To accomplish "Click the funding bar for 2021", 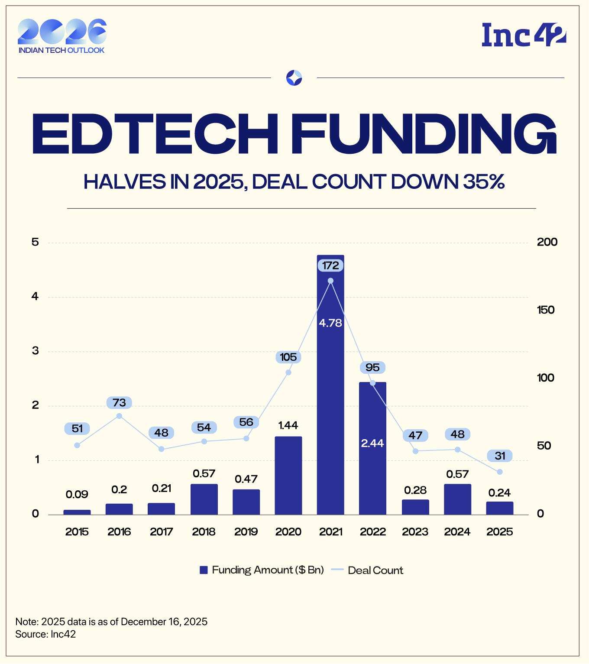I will pos(330,390).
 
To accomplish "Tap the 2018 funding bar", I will pos(204,499).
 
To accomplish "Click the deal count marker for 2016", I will pos(120,416).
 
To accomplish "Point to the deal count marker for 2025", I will pos(500,472).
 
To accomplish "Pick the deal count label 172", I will pos(330,266).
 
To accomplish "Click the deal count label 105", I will pos(288,357).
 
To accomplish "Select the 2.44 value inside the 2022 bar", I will pos(372,443).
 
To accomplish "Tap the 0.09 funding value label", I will pos(77,494).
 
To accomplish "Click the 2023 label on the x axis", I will pos(415,531).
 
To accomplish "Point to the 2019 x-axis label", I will pos(246,531).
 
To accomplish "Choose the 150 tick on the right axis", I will pos(545,310).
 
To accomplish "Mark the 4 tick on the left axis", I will pos(35,297).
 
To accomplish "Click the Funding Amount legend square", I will pos(204,570).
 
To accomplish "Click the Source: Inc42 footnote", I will pos(45,635).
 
